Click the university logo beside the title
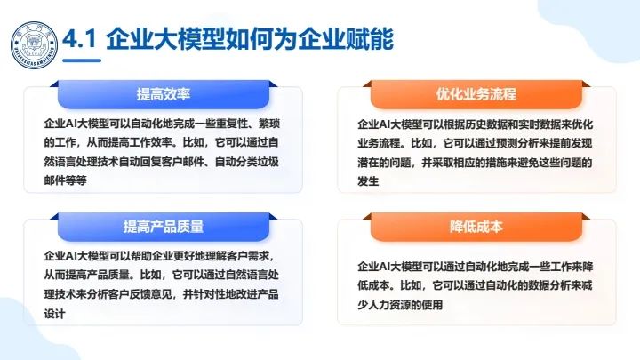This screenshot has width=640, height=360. [x=32, y=41]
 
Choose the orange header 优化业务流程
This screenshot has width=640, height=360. [x=476, y=93]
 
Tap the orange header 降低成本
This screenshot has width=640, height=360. [x=476, y=226]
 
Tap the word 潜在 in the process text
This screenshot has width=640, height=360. [x=368, y=162]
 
